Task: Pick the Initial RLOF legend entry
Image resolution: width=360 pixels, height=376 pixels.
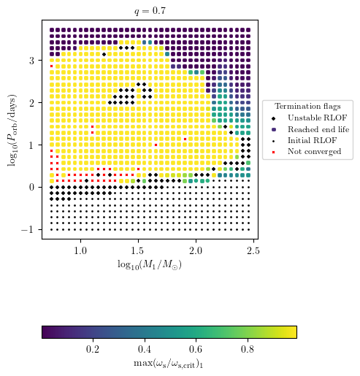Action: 305,140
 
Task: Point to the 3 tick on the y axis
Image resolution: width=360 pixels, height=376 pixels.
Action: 34,61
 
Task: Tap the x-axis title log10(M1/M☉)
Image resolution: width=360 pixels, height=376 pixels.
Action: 149,264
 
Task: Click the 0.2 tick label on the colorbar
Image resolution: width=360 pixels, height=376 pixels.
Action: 93,349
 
